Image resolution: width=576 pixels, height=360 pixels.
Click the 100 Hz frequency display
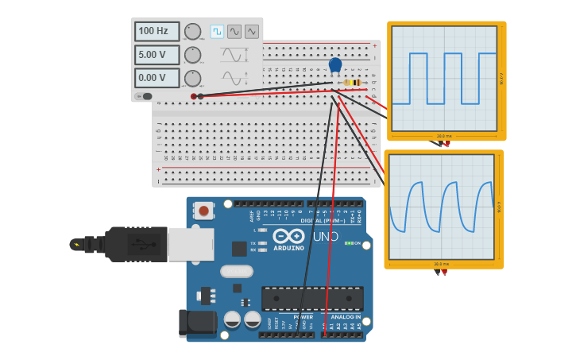click(x=157, y=32)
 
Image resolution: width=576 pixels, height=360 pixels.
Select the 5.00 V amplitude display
click(x=157, y=55)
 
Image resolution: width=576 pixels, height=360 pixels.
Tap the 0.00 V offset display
click(x=157, y=78)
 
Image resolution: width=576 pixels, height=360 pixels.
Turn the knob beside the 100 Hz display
click(x=192, y=32)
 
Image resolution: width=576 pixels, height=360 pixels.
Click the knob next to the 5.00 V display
click(x=192, y=55)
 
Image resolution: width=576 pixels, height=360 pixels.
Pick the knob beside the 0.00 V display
click(x=192, y=78)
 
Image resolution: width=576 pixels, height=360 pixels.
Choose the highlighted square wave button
click(x=217, y=32)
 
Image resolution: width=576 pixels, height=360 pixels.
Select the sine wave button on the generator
click(x=234, y=32)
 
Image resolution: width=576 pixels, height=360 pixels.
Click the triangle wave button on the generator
click(x=252, y=32)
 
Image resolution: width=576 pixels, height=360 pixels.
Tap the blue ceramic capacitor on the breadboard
click(x=335, y=65)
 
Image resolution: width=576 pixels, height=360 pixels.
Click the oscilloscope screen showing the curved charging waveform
click(x=441, y=206)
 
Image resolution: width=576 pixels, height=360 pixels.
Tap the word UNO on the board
click(x=325, y=236)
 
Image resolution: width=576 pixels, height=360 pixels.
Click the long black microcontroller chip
click(x=312, y=298)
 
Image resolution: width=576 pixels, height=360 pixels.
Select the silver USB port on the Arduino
click(x=191, y=244)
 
